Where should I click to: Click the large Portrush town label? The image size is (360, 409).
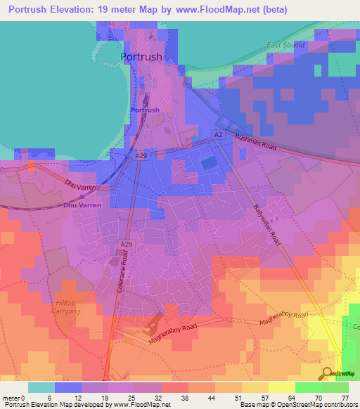[x=141, y=57]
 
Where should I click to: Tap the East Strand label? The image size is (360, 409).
[x=285, y=45]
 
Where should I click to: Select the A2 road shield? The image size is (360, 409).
[x=218, y=134]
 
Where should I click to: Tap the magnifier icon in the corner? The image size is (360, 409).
[x=328, y=373]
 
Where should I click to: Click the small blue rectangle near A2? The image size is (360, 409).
[x=209, y=163]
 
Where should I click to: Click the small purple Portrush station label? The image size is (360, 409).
[x=145, y=110]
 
